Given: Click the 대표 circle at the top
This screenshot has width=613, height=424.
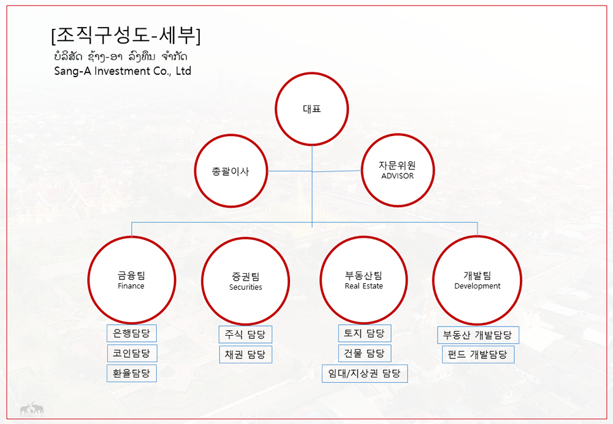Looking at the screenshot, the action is (x=311, y=108).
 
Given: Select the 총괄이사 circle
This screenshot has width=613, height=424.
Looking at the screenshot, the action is (x=231, y=171).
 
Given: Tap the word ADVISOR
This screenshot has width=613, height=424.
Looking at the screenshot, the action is (x=398, y=176).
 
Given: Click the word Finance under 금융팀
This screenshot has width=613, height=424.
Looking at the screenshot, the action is (x=131, y=286).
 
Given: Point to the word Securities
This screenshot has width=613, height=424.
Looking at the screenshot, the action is (x=246, y=287).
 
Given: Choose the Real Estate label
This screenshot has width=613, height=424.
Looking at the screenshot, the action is (x=364, y=286).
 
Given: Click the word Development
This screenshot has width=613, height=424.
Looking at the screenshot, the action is (x=478, y=286).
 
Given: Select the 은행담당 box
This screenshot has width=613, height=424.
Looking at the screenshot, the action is (x=132, y=333).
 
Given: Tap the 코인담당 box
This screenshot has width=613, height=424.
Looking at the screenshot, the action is (x=132, y=354).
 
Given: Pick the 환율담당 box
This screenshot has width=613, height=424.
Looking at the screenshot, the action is (x=132, y=373).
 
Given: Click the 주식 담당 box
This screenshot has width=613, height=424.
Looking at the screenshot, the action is (x=245, y=335).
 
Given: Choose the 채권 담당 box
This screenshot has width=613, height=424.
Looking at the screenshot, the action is (x=245, y=354).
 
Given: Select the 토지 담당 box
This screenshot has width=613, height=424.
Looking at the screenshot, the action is (x=364, y=333).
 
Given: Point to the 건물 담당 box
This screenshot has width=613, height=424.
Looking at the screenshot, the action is (x=364, y=354).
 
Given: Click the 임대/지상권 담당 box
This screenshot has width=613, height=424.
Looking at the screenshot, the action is (x=364, y=374).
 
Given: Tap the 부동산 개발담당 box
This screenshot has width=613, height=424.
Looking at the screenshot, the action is (x=478, y=335).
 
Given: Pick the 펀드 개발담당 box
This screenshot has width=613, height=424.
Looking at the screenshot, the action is (x=478, y=354).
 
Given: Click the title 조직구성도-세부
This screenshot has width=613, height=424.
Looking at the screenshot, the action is (x=126, y=36).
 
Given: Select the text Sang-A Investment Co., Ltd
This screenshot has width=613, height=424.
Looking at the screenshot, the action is (x=123, y=70).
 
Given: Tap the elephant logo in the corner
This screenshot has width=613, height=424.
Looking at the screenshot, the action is (x=32, y=409).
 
